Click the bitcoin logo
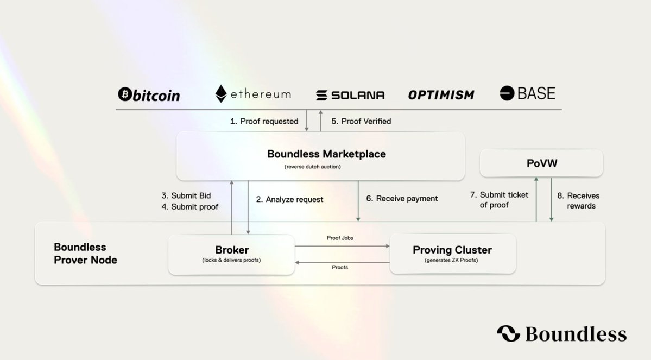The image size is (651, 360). [x=149, y=94]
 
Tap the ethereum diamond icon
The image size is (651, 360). [x=221, y=94]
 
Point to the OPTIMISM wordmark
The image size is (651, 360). [x=441, y=95]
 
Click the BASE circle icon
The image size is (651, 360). [x=507, y=93]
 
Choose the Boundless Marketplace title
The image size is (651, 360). [x=326, y=154]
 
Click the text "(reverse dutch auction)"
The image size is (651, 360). [x=313, y=167]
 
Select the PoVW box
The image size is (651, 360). [x=541, y=163]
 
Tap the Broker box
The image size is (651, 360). [x=232, y=254]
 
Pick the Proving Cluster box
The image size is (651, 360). [x=452, y=254]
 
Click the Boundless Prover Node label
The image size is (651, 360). [x=86, y=253]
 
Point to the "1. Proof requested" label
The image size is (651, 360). [x=264, y=121]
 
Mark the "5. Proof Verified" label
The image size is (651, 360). [x=361, y=121]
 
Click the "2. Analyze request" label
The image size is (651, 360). [x=289, y=199]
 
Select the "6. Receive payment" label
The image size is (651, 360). [x=402, y=199]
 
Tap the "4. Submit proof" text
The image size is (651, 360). [x=189, y=207]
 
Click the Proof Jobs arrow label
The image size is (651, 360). [x=340, y=238]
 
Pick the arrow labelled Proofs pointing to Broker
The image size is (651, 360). [x=342, y=262]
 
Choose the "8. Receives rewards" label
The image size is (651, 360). [x=578, y=200]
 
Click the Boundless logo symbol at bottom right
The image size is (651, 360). [x=509, y=333]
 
